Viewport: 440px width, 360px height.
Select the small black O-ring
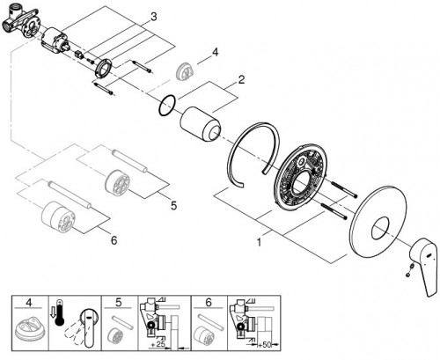click(x=165, y=109)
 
